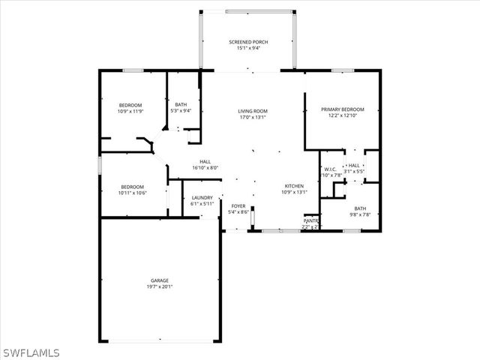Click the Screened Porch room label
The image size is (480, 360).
coord(248,42)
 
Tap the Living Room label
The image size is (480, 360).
coord(253,111)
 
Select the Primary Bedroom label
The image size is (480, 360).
coord(343,109)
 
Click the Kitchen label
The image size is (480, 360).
coord(293,185)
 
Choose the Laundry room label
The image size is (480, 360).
coord(202,198)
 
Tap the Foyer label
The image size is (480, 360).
coord(238,205)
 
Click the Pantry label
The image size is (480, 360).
coord(310,220)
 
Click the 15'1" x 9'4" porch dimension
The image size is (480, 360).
coord(248,49)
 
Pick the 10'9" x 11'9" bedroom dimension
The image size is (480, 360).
coord(130,112)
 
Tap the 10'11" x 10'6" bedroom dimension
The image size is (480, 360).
coord(133,193)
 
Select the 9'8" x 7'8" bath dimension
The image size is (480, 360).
coord(360,214)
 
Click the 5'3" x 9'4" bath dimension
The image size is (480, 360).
coord(181,111)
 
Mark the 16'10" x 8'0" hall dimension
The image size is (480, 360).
coord(205,167)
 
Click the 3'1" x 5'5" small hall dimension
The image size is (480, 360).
coord(354,172)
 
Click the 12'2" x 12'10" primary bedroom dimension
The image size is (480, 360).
coord(343,116)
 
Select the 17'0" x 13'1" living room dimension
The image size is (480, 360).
coord(253,117)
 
